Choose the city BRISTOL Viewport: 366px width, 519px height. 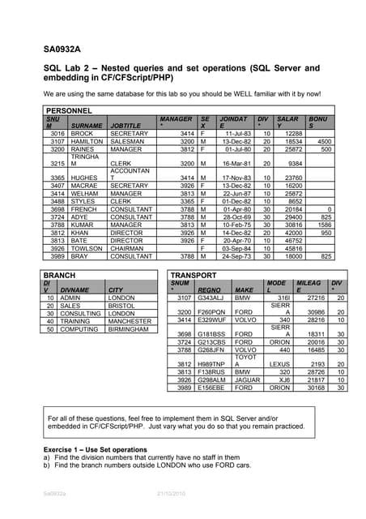124,306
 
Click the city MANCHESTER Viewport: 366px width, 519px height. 133,321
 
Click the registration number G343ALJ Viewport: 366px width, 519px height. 211,298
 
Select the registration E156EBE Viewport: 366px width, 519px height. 211,387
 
